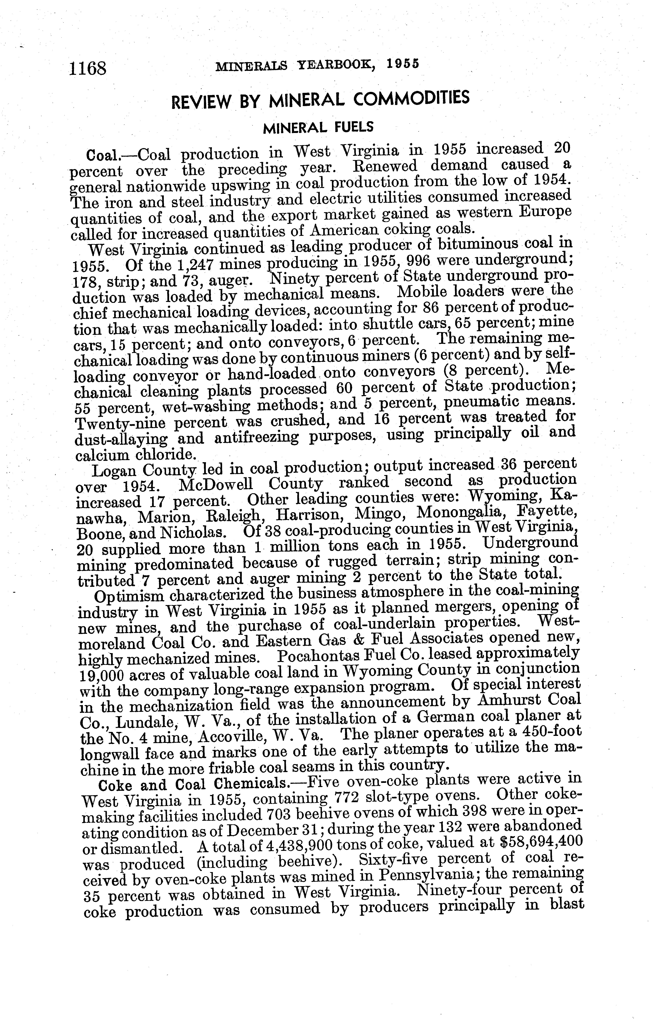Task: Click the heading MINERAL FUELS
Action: point(318,127)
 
